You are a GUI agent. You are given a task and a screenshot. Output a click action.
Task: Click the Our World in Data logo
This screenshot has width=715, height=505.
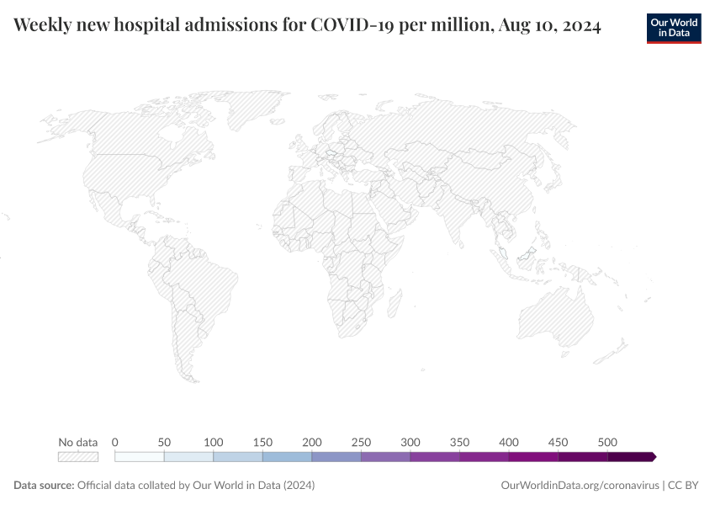pyautogui.click(x=674, y=28)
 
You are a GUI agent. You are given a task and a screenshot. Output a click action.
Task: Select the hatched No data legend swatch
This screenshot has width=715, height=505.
pyautogui.click(x=77, y=457)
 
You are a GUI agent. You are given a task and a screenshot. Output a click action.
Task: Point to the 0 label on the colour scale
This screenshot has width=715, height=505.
pyautogui.click(x=114, y=442)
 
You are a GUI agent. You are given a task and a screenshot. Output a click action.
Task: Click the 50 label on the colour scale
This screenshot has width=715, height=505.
pyautogui.click(x=164, y=442)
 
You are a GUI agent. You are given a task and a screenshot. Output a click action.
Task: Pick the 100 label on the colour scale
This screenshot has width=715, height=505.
pyautogui.click(x=214, y=442)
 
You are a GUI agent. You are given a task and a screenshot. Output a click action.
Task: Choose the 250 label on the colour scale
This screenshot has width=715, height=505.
pyautogui.click(x=361, y=442)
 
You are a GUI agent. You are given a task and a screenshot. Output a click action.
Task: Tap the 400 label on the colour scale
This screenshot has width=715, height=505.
pyautogui.click(x=509, y=442)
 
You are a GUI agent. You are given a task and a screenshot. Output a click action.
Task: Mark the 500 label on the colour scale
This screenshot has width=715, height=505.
pyautogui.click(x=607, y=442)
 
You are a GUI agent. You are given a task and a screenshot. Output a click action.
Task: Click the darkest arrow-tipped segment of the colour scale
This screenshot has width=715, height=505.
pyautogui.click(x=631, y=457)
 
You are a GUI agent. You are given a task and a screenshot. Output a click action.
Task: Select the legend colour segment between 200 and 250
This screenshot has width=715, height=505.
pyautogui.click(x=336, y=457)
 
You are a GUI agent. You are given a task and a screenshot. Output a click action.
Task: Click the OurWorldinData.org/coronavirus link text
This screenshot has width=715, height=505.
pyautogui.click(x=580, y=486)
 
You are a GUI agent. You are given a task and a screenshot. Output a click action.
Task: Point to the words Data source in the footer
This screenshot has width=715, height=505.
pyautogui.click(x=43, y=486)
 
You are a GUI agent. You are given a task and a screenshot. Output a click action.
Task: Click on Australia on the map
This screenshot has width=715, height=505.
pyautogui.click(x=555, y=316)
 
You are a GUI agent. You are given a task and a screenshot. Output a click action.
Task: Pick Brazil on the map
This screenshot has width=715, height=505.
pyautogui.click(x=206, y=282)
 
